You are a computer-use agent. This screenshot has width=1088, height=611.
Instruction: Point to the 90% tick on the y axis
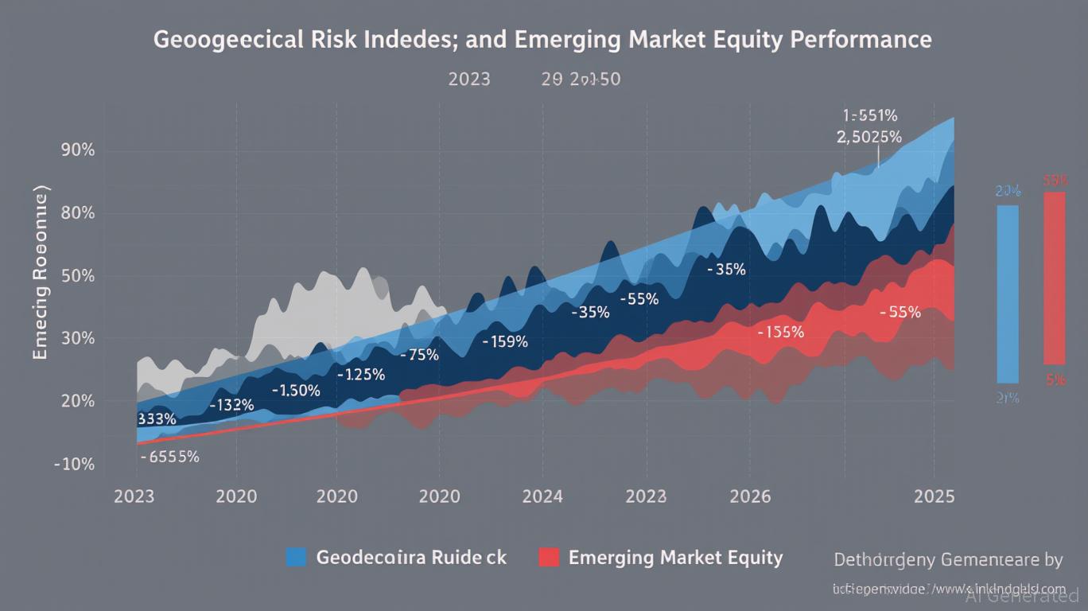78,150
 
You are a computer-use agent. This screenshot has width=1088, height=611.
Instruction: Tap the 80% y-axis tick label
78,213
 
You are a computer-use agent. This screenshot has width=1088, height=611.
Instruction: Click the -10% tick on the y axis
74,464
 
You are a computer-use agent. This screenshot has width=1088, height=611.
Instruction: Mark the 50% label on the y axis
78,276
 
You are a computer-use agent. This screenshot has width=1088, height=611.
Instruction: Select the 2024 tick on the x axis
542,496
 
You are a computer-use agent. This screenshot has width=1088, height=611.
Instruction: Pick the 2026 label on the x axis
750,496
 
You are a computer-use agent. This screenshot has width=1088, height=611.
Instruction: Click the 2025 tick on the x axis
935,496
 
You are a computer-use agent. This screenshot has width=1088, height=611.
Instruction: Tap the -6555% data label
169,457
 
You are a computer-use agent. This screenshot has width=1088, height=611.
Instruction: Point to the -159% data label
505,342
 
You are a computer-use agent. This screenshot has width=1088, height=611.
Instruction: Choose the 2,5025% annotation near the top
869,137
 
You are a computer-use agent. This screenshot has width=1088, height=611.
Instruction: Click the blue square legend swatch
296,557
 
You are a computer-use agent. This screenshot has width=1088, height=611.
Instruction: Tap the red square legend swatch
549,557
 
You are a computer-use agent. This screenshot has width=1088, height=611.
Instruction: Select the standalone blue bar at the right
1007,294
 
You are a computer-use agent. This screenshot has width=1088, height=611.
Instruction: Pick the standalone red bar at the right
1055,278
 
